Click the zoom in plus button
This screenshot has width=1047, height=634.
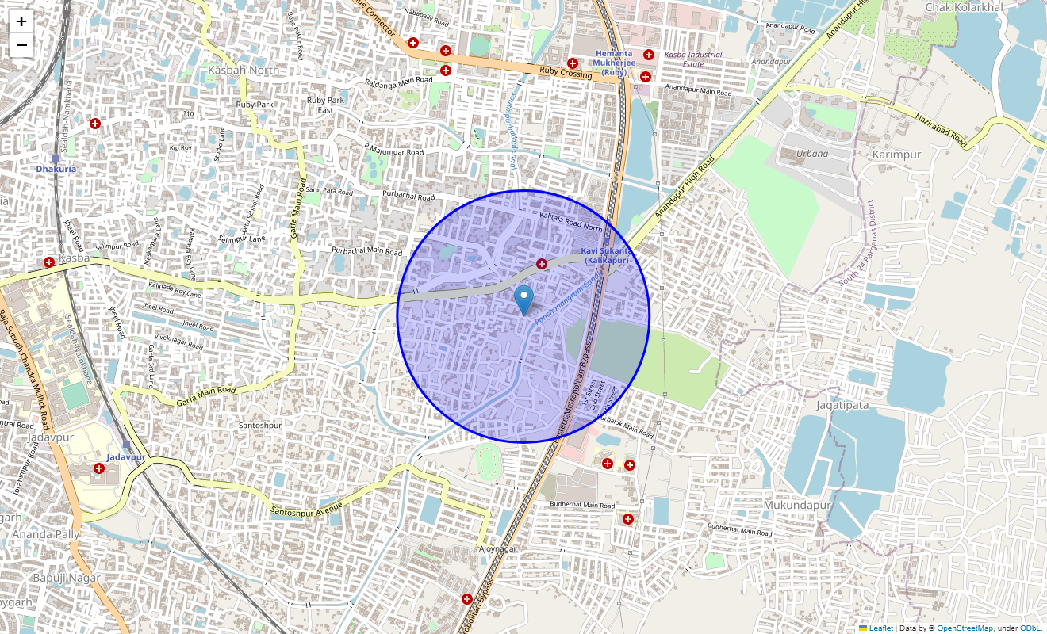21,21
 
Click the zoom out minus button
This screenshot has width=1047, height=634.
21,45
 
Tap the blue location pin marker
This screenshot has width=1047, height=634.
523,300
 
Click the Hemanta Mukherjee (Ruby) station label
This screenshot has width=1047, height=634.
614,62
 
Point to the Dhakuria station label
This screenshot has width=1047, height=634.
56,169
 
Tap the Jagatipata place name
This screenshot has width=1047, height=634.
842,405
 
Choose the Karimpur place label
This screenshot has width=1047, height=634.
896,155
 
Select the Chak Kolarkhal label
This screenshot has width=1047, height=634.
964,7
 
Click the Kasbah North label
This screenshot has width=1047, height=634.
244,70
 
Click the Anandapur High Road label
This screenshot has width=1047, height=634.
685,189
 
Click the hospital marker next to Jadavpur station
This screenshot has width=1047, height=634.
99,468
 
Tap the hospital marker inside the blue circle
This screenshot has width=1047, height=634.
542,264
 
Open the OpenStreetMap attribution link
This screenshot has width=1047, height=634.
965,628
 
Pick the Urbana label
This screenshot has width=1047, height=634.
812,154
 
